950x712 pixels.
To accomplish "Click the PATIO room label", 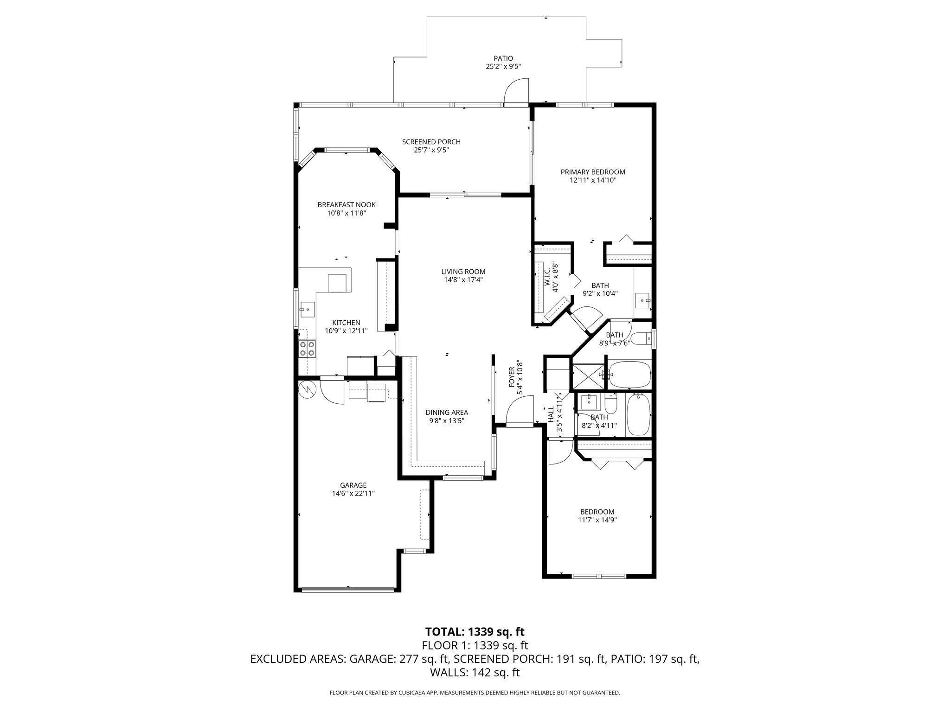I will (503, 58).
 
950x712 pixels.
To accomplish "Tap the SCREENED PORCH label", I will (431, 142).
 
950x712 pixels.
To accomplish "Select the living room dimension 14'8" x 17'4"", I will (463, 280).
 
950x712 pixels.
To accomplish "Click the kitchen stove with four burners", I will (307, 348).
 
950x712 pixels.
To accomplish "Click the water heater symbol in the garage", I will (307, 389).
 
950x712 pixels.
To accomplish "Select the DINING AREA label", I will (447, 412).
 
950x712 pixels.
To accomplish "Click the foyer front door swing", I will (519, 410).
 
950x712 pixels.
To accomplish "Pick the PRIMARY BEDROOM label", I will (592, 172).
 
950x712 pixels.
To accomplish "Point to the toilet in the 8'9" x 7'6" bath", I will (641, 340).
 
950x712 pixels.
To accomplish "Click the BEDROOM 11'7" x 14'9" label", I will (597, 512).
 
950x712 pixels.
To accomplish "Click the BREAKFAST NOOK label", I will (346, 204).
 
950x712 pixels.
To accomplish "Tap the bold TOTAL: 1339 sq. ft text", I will (475, 631).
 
